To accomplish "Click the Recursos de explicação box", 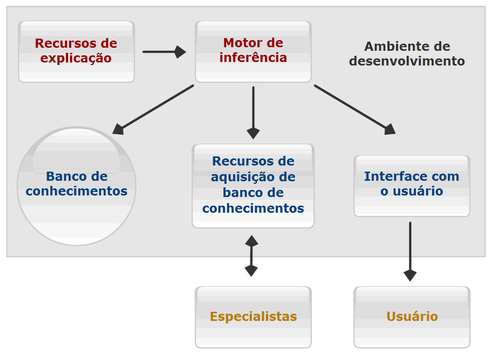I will point(76,51).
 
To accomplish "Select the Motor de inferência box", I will point(253,51).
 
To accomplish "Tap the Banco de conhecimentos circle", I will point(76,186).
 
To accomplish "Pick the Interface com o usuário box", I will point(412,186).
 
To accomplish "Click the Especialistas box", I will point(253,317).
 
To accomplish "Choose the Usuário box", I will point(412,317).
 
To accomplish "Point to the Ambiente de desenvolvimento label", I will point(407,54).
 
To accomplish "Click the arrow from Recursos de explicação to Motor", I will point(163,52).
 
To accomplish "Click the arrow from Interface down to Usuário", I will point(410,251).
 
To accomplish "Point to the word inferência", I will point(253,57).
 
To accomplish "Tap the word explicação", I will point(76,58).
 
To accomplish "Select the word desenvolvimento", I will point(407,61).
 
